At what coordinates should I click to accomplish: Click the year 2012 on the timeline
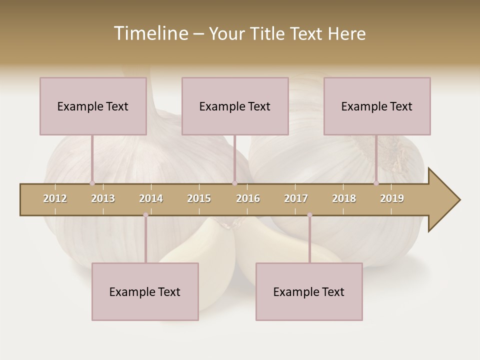(55, 198)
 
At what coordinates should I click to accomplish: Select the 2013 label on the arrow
(103, 198)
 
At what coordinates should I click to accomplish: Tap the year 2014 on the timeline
(151, 198)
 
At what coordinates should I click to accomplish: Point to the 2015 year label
(199, 198)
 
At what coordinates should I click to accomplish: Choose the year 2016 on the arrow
(248, 198)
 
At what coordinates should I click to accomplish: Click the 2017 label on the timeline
(296, 198)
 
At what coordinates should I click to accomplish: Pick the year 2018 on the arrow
(344, 198)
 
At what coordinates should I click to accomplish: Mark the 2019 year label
(392, 198)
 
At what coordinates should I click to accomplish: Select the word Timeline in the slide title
(150, 33)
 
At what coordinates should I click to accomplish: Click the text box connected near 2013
(93, 106)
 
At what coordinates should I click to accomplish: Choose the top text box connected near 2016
(235, 106)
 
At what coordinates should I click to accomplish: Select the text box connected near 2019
(377, 106)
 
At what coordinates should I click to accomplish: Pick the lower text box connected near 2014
(145, 291)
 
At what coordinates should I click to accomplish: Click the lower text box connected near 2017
(309, 291)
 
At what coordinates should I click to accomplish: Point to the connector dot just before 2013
(92, 183)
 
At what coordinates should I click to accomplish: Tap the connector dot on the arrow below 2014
(145, 215)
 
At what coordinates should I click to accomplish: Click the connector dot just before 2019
(376, 183)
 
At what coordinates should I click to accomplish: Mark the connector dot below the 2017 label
(309, 215)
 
